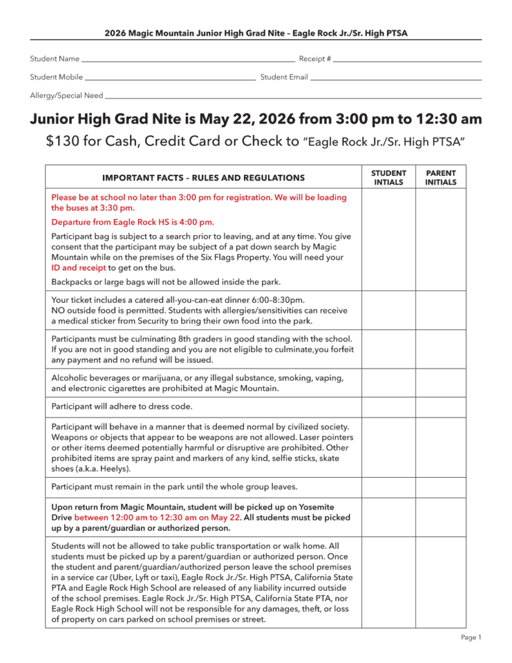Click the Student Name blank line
[x=188, y=61]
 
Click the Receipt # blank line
[x=408, y=61]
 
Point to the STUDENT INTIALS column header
[x=388, y=177]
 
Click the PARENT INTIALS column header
[x=440, y=177]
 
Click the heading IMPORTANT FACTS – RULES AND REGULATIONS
[x=203, y=177]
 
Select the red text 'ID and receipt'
[x=79, y=267]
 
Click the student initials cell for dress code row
[x=388, y=407]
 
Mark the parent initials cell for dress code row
[x=440, y=407]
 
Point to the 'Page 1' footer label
[x=471, y=638]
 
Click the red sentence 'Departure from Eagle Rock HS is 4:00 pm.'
[x=133, y=222]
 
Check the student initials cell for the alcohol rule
[x=388, y=383]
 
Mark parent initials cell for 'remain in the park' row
[x=440, y=487]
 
